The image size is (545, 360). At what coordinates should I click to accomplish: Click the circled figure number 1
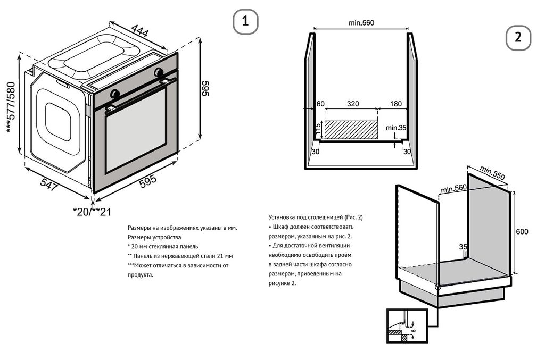(x=245, y=21)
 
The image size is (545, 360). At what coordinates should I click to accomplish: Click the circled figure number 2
(x=518, y=37)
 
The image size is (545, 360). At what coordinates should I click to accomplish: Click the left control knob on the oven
(x=114, y=94)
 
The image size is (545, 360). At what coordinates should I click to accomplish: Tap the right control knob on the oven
(x=159, y=72)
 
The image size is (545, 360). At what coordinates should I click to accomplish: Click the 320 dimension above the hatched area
(x=352, y=104)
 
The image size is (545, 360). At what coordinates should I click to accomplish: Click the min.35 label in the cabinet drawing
(x=396, y=128)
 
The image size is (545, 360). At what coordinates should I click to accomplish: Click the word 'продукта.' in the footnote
(x=141, y=274)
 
